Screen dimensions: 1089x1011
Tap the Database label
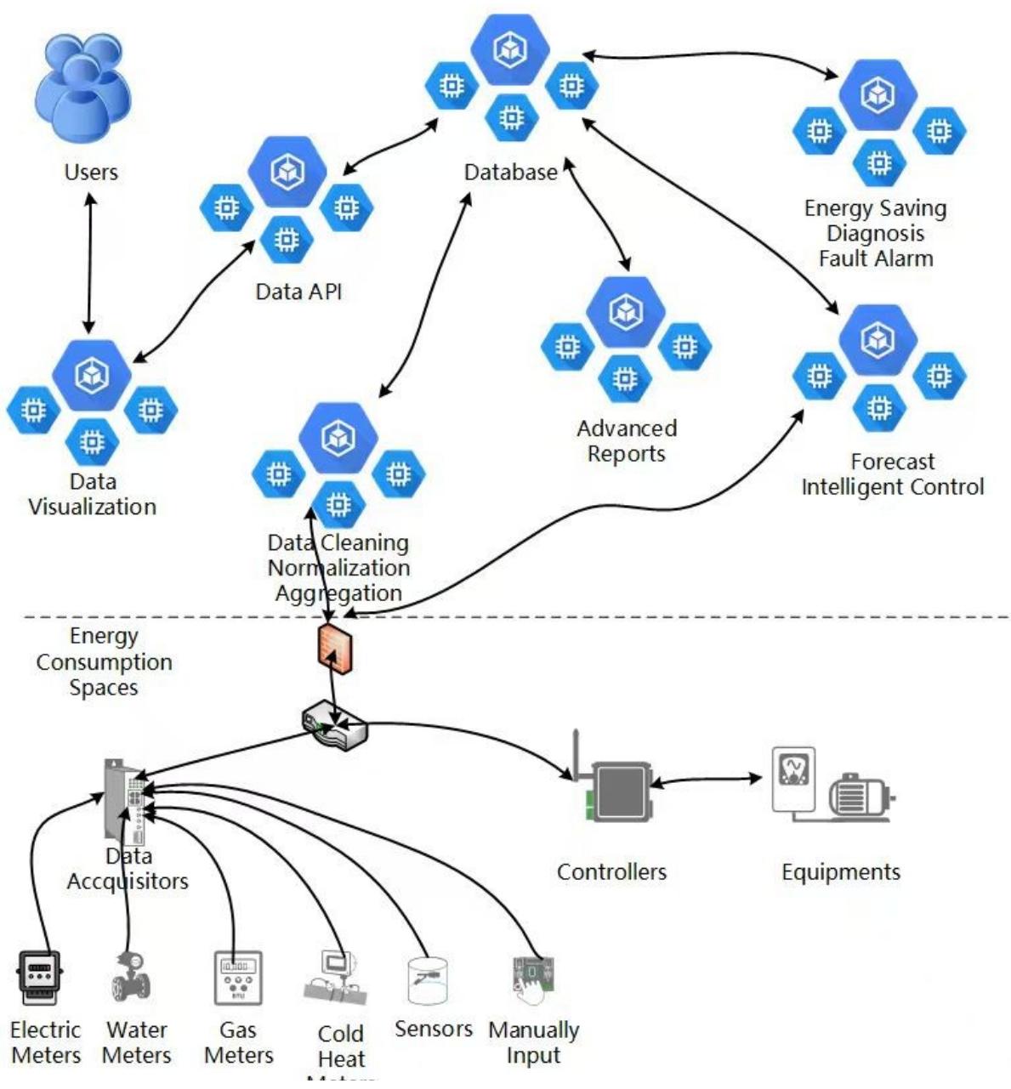[x=510, y=173]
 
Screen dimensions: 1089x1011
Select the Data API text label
[x=298, y=292]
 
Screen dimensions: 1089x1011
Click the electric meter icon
[x=39, y=978]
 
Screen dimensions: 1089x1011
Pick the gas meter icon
[x=237, y=978]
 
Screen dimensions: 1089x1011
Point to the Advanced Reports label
[x=627, y=441]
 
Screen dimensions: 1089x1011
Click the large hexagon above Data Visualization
[x=91, y=375]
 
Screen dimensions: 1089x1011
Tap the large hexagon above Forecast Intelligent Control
[x=878, y=340]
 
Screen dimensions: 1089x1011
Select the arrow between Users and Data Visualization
[x=88, y=264]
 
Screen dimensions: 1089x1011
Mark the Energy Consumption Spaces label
[x=104, y=662]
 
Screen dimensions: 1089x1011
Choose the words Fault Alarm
[x=876, y=258]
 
